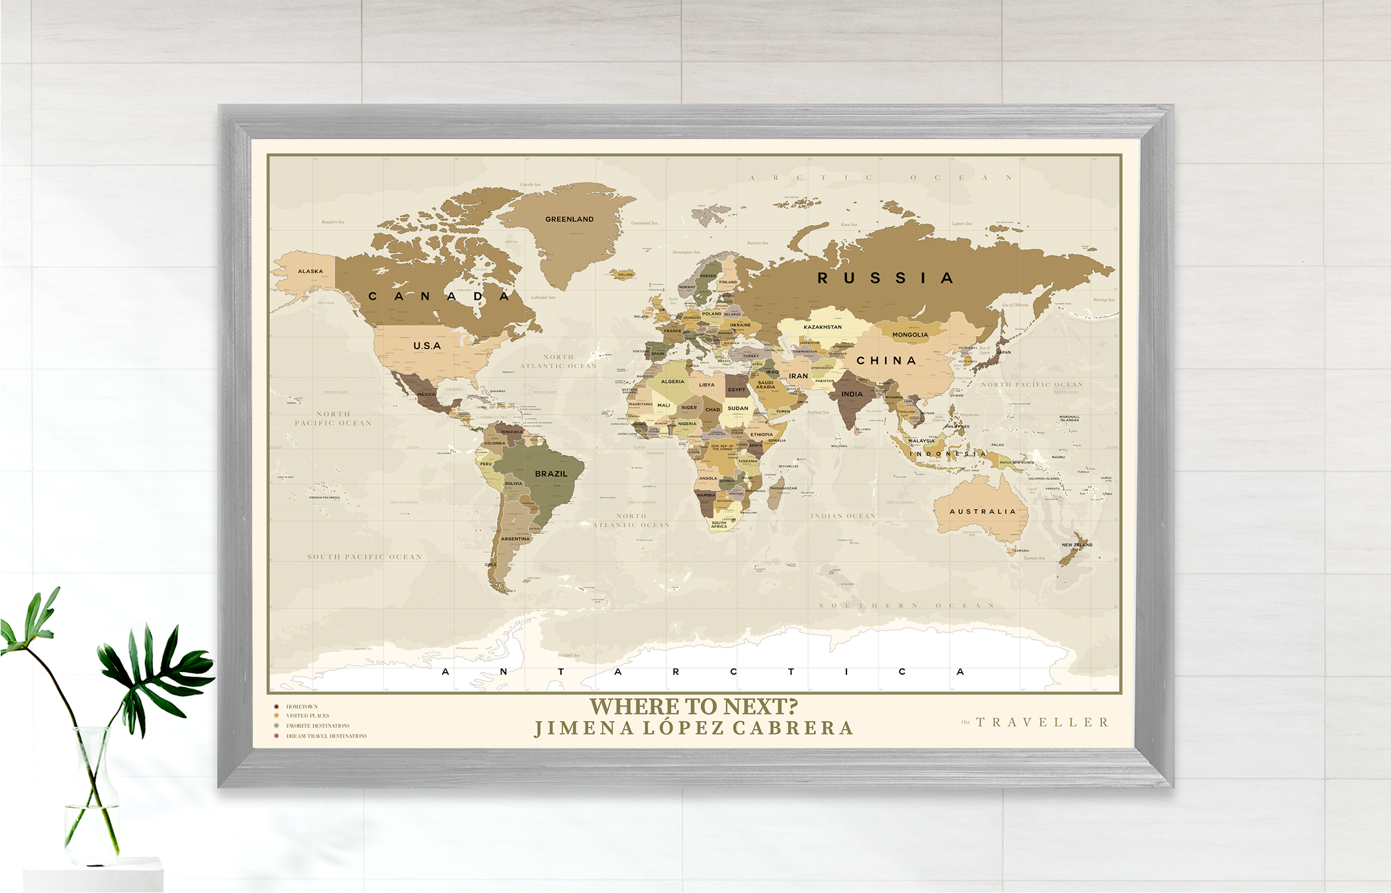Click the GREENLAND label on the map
(x=569, y=219)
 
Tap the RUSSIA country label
(x=885, y=278)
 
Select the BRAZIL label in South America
(x=551, y=474)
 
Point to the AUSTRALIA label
(x=982, y=511)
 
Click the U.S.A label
(x=427, y=345)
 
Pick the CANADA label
(x=439, y=296)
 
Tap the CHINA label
(x=886, y=361)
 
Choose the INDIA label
(x=852, y=394)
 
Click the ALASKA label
(x=310, y=271)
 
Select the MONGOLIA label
(x=910, y=335)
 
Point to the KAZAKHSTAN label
(x=823, y=327)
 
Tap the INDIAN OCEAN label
(x=843, y=516)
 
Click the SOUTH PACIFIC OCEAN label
(x=365, y=557)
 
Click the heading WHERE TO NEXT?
(x=694, y=706)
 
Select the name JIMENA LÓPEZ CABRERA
(x=694, y=728)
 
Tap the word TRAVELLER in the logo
(x=1042, y=722)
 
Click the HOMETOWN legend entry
(x=302, y=706)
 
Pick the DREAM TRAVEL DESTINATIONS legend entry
(x=326, y=736)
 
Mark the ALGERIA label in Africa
(x=672, y=382)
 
